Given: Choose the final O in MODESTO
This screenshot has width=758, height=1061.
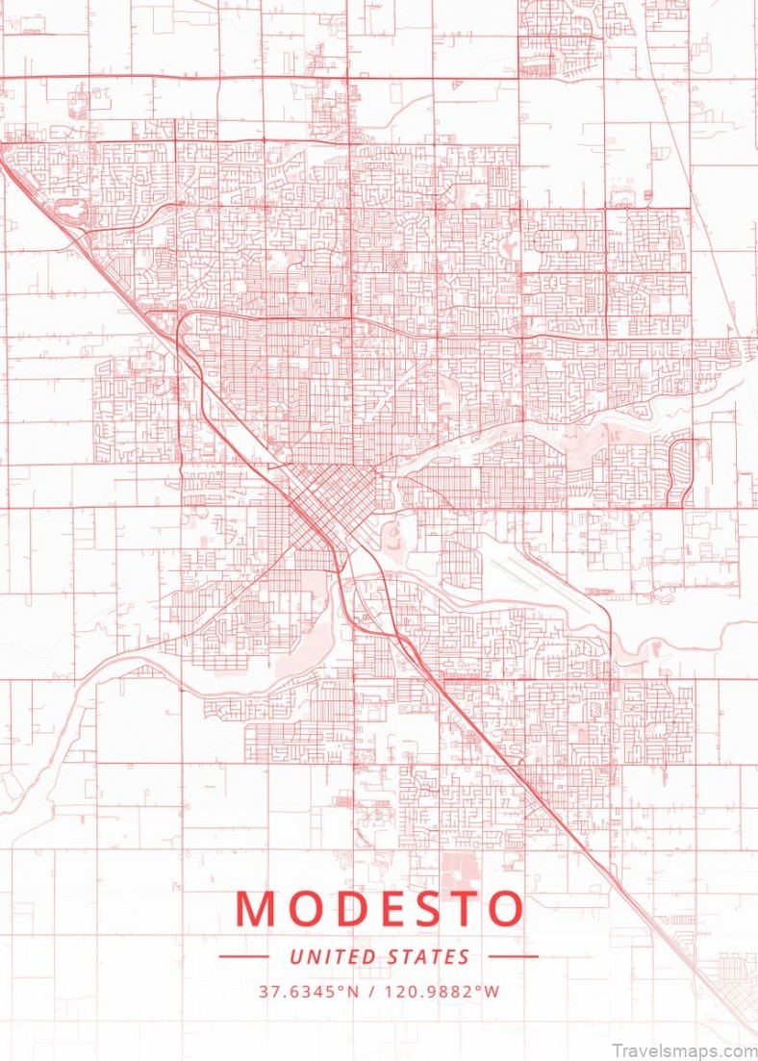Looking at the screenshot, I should click(508, 910).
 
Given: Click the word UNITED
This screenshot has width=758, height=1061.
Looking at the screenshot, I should click(330, 957).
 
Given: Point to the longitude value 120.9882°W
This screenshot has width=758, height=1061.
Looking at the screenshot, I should click(445, 991).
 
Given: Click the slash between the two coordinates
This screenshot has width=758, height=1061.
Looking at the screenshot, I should click(371, 991).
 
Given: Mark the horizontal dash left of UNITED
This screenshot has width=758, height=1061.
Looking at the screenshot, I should click(243, 957).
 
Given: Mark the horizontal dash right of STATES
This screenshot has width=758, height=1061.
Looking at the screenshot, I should click(514, 957).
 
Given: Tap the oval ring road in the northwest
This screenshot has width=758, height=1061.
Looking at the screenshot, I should click(70, 208).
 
